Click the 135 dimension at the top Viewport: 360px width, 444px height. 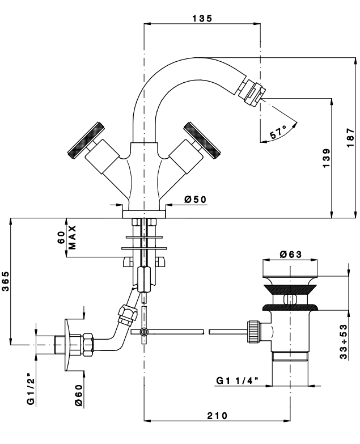pyautogui.click(x=201, y=18)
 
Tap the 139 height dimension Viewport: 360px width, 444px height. pyautogui.click(x=325, y=157)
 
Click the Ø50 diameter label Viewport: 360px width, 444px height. pyautogui.click(x=196, y=199)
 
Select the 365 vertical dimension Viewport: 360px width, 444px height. pyautogui.click(x=5, y=281)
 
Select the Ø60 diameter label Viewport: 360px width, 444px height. pyautogui.click(x=79, y=393)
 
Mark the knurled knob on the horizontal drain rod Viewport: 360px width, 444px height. pyautogui.click(x=252, y=331)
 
